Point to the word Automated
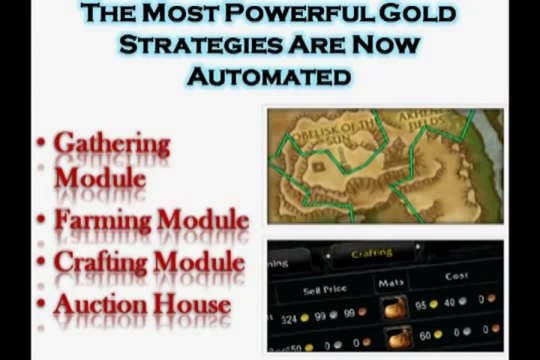[270, 76]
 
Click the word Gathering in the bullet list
[111, 144]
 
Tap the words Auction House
[142, 304]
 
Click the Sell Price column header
[324, 291]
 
